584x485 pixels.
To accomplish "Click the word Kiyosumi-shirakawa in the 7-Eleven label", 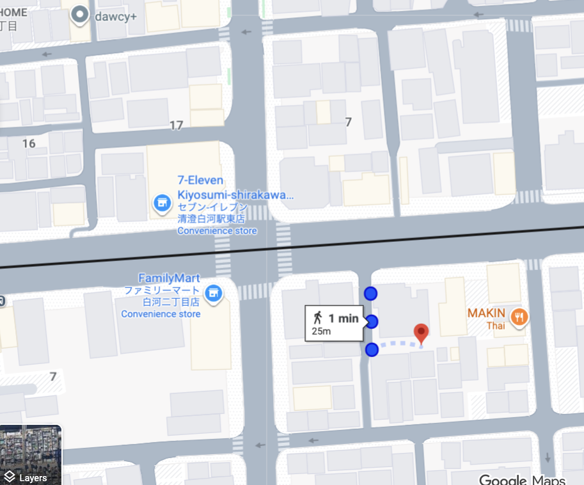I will click(235, 194).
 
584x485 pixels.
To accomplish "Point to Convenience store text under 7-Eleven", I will click(217, 230).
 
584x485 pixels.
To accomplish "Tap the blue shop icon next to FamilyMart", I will click(216, 291).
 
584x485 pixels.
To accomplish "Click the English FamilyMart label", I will click(170, 278).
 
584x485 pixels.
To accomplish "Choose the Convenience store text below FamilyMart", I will click(161, 314).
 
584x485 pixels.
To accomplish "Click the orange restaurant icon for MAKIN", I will click(519, 315).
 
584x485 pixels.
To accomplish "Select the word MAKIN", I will click(486, 314).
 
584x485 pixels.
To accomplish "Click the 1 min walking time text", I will click(343, 318).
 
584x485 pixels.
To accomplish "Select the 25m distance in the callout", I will click(321, 331).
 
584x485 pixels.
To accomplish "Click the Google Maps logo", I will click(522, 479).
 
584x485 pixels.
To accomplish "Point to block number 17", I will click(177, 125).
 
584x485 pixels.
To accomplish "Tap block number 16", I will click(29, 143).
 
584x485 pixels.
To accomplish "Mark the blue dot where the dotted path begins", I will click(372, 350).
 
